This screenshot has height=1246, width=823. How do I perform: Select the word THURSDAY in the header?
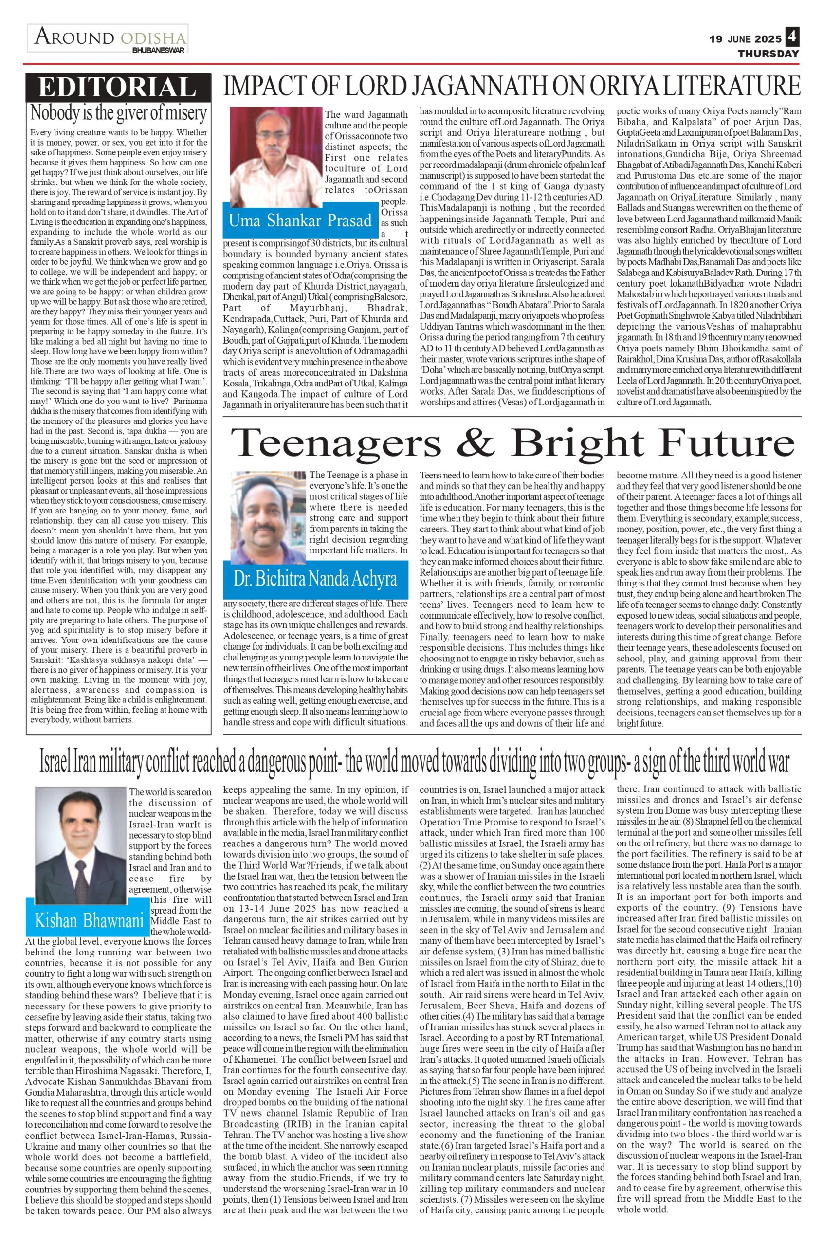click(x=768, y=54)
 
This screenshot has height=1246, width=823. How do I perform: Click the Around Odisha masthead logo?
click(x=108, y=38)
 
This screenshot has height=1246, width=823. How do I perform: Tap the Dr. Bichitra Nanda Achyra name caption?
click(x=315, y=579)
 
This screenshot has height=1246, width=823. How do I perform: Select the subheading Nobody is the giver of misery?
click(x=119, y=112)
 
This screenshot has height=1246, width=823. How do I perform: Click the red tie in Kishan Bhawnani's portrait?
click(x=81, y=864)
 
